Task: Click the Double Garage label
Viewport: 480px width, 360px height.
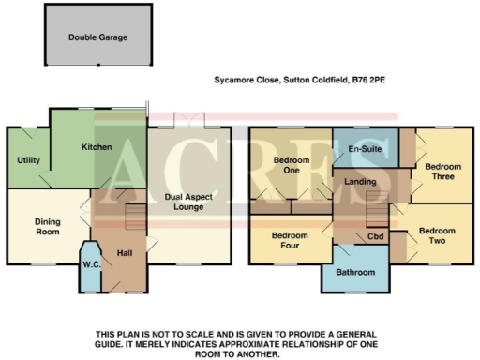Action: tap(97, 38)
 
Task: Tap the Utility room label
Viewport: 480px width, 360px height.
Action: tap(28, 160)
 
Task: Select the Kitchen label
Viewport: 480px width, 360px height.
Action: tap(97, 147)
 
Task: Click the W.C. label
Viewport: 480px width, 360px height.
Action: tap(92, 263)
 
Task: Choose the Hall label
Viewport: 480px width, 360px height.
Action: tap(124, 252)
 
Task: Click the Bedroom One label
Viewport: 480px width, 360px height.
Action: tap(291, 165)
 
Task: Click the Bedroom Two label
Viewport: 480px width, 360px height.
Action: tap(436, 235)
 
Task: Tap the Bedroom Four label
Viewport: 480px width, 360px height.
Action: tap(291, 240)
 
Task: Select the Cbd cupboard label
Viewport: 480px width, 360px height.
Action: tap(376, 236)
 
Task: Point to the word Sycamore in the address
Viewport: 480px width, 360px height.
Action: tap(235, 82)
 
